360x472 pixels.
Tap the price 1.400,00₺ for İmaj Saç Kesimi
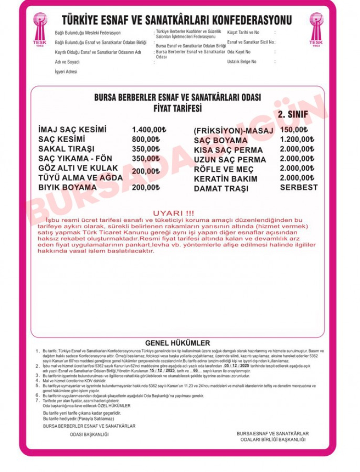tap(148, 130)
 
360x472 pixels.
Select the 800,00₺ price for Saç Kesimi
tap(145, 139)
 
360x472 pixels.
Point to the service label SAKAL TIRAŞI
tap(66, 149)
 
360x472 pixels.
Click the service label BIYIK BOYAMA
tap(67, 187)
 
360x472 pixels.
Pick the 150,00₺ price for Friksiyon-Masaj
tap(294, 130)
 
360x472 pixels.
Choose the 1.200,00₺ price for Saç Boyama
tap(297, 139)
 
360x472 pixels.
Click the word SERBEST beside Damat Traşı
tap(299, 187)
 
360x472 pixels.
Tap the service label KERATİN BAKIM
tap(226, 179)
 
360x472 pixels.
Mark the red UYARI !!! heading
tap(173, 213)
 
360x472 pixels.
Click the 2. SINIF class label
tap(293, 114)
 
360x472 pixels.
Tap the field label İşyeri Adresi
tap(66, 71)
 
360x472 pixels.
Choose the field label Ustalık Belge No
tap(242, 61)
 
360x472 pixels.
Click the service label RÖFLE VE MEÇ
tap(224, 169)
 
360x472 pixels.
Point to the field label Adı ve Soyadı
tap(67, 61)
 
